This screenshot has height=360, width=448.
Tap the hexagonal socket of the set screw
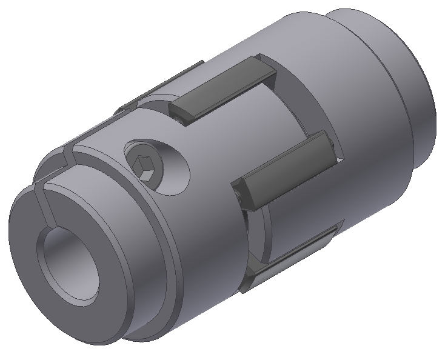pos(147,168)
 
